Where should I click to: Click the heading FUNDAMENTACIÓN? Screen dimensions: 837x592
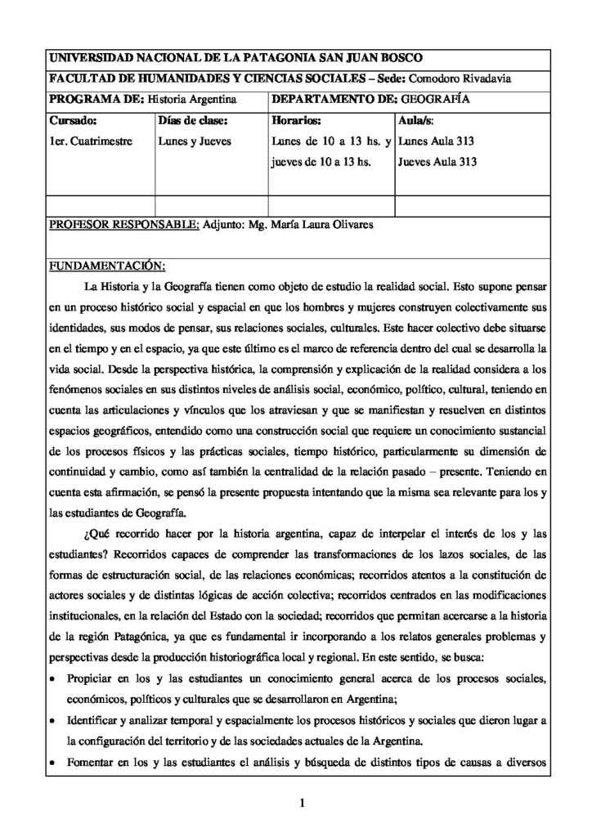click(107, 266)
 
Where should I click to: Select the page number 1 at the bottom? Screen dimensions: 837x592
click(302, 803)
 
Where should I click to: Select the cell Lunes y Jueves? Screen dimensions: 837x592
click(194, 141)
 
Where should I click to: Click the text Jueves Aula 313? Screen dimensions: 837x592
click(437, 162)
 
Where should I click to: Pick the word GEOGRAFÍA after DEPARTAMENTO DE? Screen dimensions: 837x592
click(434, 99)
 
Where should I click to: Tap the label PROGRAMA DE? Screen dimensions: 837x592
click(95, 99)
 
